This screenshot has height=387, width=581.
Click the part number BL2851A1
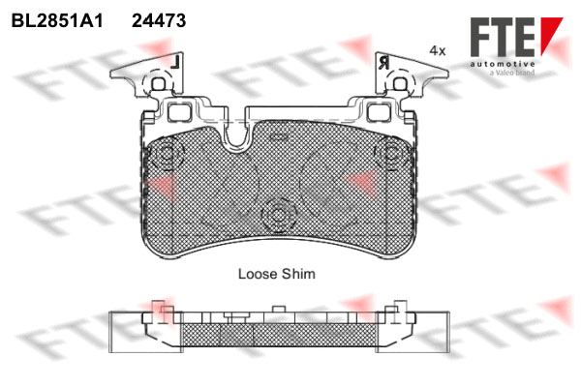click(57, 20)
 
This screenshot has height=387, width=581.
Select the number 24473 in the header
click(159, 20)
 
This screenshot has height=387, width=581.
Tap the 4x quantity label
click(438, 50)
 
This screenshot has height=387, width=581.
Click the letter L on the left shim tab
click(175, 62)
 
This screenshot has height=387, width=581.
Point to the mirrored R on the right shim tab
click(383, 63)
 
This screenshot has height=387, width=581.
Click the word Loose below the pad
click(258, 274)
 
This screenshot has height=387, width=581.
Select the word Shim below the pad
click(298, 274)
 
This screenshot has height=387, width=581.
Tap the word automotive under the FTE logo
click(503, 64)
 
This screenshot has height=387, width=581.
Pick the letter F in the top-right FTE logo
click(480, 37)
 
